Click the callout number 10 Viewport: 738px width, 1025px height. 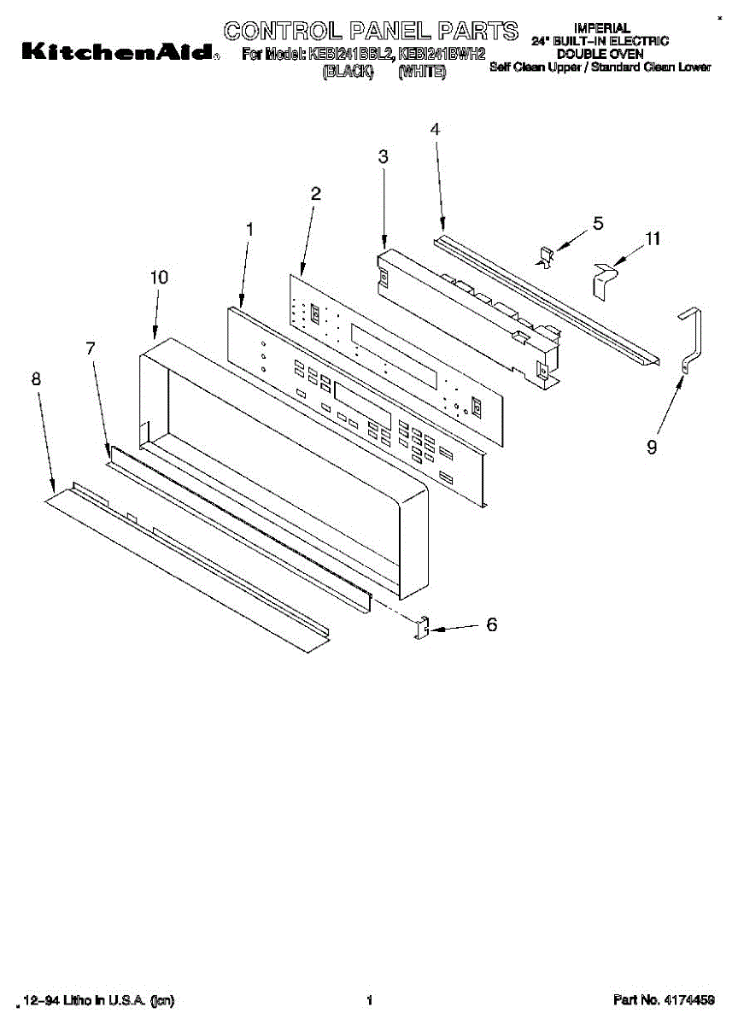tap(159, 278)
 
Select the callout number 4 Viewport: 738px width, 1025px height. tap(435, 130)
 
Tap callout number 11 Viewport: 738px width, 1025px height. tap(653, 239)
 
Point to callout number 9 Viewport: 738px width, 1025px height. tap(652, 447)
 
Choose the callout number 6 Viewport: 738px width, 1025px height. tap(491, 625)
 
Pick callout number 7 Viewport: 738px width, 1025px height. tap(91, 348)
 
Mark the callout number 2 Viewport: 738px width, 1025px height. tap(316, 194)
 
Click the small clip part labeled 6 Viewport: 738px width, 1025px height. tap(420, 629)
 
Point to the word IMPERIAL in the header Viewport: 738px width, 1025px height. tap(601, 28)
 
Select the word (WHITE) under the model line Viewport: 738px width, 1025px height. tap(422, 73)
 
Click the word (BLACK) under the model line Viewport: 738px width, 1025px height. tap(348, 73)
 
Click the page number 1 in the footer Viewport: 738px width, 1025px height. tap(370, 999)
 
